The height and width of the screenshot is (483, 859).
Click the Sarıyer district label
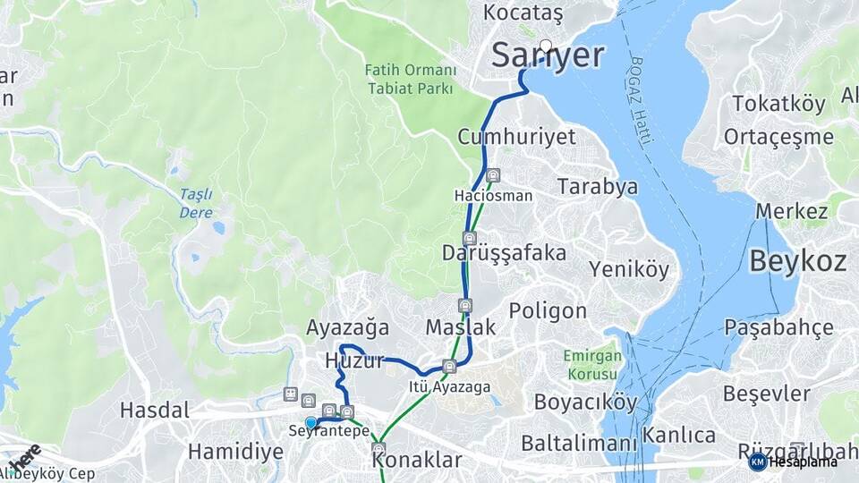coord(548,55)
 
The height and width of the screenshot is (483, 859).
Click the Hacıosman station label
coord(493,195)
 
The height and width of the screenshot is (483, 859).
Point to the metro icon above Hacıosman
coord(494,174)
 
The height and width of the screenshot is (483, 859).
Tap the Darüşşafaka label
coord(504,253)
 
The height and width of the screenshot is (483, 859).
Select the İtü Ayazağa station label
coord(449,386)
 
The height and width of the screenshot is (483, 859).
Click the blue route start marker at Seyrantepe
coord(310,422)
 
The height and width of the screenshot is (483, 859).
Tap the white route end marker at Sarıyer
coord(546,45)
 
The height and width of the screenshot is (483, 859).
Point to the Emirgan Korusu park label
coord(591,364)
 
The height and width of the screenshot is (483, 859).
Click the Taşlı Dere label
coord(195,202)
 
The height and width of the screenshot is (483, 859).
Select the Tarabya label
coord(598,187)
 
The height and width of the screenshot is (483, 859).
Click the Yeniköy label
coord(628,269)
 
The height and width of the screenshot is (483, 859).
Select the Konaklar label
coord(417,461)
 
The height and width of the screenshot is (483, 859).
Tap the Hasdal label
coord(155,411)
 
